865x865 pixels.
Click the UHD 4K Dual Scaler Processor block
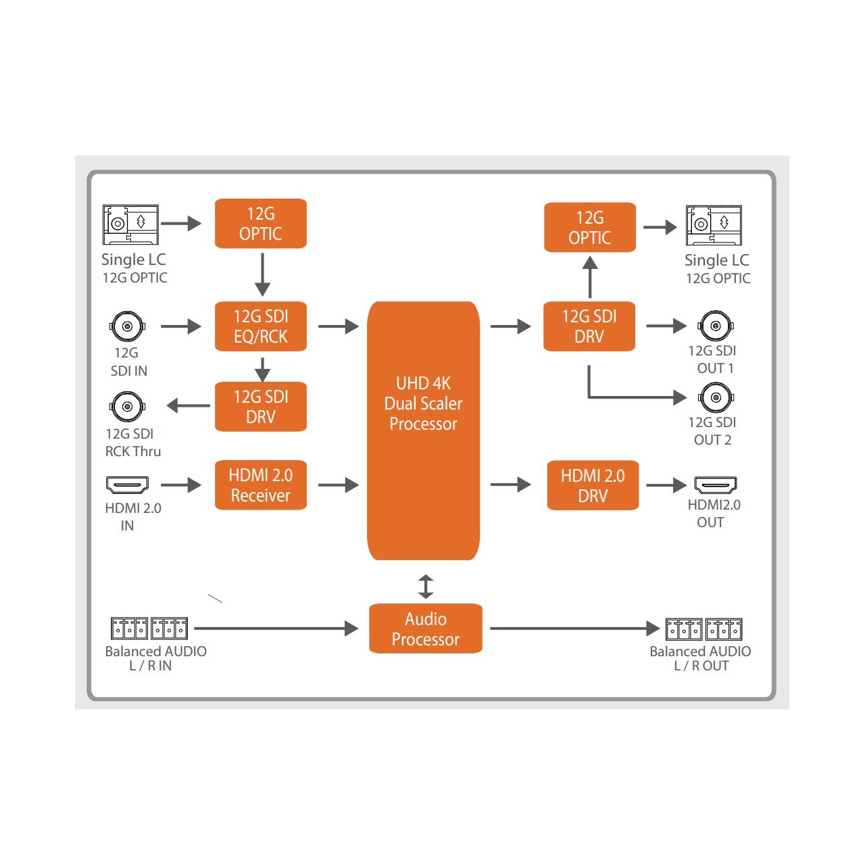[x=423, y=430]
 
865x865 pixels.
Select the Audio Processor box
[x=425, y=628]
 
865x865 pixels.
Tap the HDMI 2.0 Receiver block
[x=260, y=485]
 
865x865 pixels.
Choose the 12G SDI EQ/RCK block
[x=260, y=326]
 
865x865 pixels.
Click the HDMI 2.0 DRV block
[x=593, y=485]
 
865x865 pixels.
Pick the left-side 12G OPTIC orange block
[x=260, y=224]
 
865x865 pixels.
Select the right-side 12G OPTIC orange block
[x=590, y=227]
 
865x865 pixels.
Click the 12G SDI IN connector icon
[x=127, y=326]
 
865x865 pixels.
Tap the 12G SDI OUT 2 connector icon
[x=716, y=398]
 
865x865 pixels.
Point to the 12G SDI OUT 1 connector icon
[x=716, y=326]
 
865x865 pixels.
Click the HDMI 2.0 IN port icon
[x=127, y=485]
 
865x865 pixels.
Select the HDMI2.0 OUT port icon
[x=716, y=485]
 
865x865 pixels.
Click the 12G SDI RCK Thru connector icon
[x=127, y=407]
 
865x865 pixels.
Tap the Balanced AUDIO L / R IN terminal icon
[x=149, y=628]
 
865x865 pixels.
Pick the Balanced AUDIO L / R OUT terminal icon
[x=703, y=629]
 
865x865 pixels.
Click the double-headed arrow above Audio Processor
[x=426, y=587]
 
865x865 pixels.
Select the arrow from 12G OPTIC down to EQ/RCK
[x=262, y=274]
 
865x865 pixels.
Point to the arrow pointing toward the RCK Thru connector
[x=188, y=405]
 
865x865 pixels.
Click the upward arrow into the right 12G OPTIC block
[x=590, y=277]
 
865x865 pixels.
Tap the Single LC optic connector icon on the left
[x=130, y=224]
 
